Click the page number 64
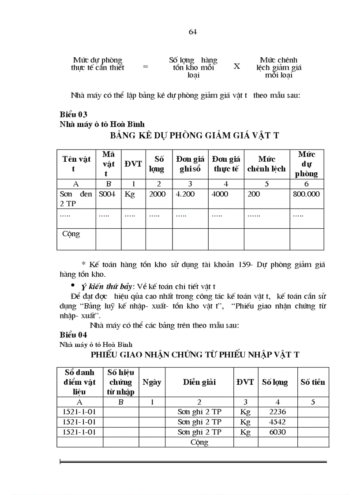[192, 32]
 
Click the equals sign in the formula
[145, 67]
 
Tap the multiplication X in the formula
[237, 66]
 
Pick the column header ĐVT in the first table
[133, 164]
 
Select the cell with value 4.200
[185, 194]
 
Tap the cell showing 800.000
[306, 194]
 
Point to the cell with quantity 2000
[157, 194]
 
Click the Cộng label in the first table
[71, 234]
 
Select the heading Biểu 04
[73, 335]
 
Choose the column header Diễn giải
[199, 382]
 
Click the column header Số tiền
[312, 382]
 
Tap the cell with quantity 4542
[277, 422]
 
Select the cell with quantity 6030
[277, 432]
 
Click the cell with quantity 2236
[277, 412]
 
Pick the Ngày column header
[152, 382]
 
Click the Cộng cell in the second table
[199, 442]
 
